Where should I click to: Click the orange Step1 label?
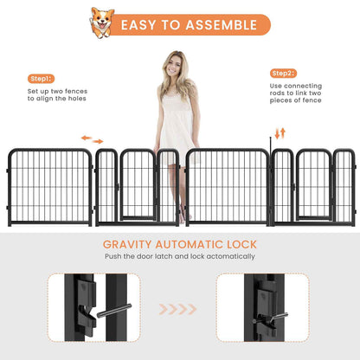tap(41, 78)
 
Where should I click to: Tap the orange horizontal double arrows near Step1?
tap(92, 138)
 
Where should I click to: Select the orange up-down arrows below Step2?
tap(280, 132)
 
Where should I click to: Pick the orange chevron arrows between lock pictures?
tap(180, 308)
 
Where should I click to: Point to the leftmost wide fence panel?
tap(49, 186)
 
